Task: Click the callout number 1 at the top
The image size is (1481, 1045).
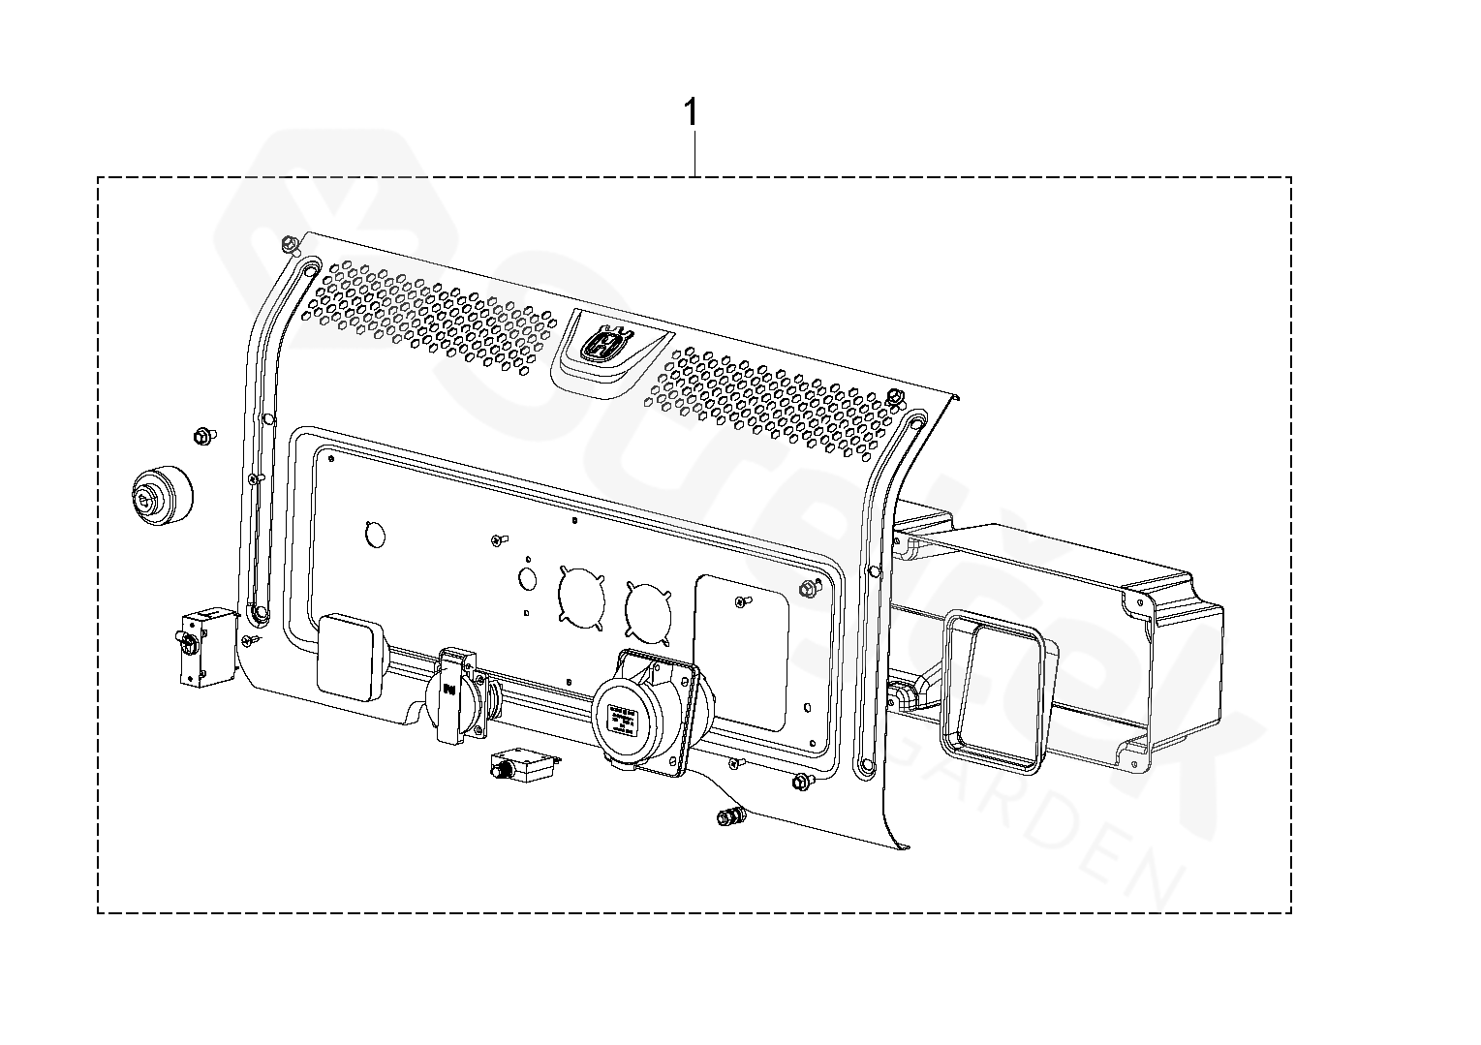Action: tap(691, 113)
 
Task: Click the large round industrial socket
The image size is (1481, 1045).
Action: tap(639, 712)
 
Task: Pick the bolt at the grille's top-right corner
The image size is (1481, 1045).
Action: tap(896, 395)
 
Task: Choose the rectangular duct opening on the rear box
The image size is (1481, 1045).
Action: tap(992, 691)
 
